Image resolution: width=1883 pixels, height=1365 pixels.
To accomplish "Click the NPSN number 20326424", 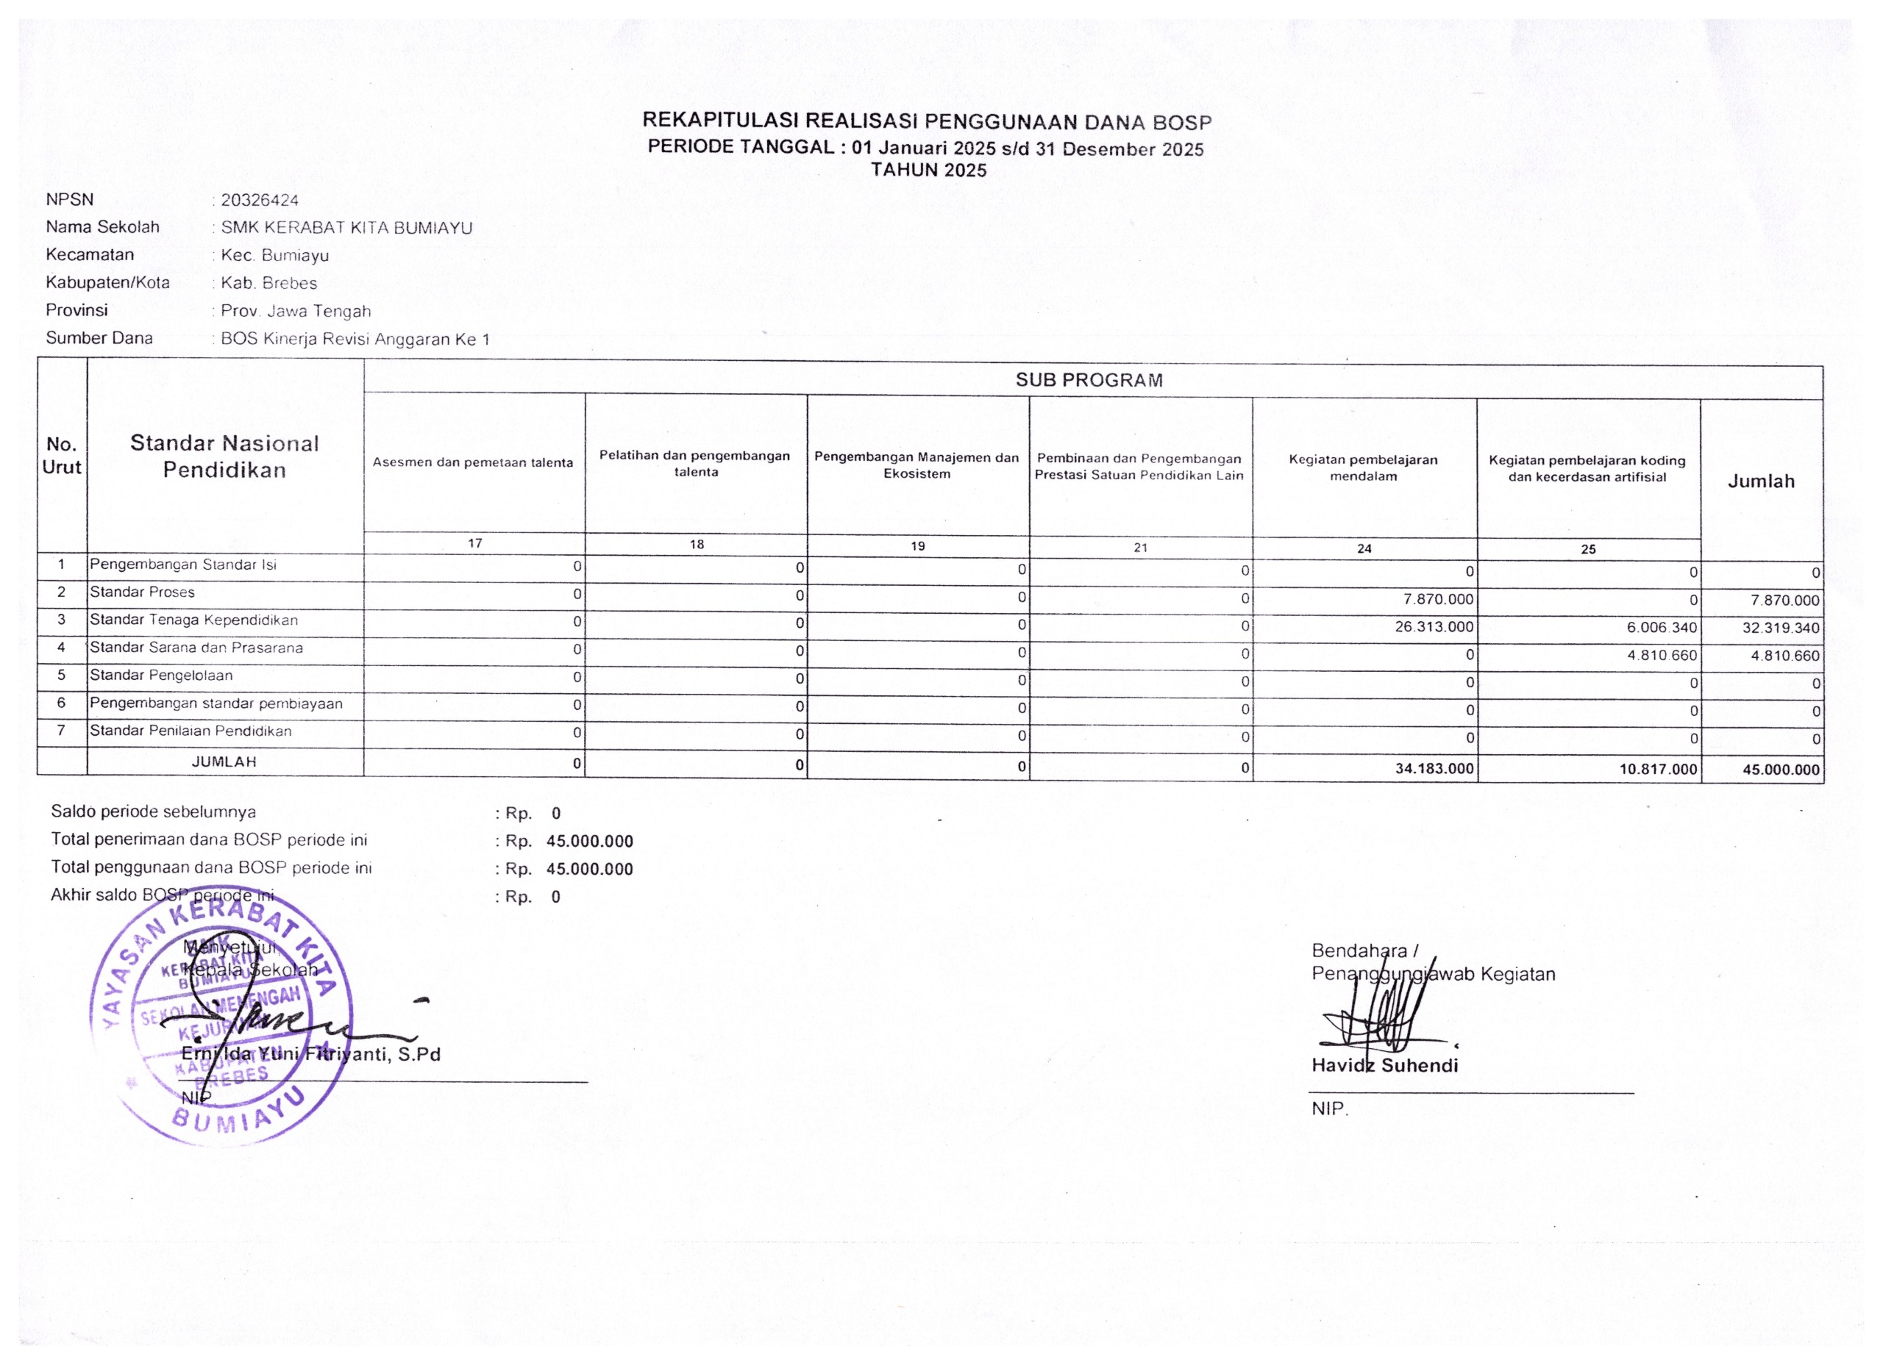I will click(259, 200).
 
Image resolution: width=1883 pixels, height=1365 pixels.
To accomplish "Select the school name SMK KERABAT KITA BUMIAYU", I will click(346, 227).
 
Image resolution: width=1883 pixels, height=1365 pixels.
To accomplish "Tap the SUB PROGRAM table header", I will click(1089, 380).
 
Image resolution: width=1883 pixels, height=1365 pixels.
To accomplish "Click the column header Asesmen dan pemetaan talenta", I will click(472, 462).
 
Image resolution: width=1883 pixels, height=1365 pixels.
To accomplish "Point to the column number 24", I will click(1364, 548).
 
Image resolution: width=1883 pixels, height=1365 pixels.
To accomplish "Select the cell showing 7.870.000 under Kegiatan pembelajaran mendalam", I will click(1439, 599).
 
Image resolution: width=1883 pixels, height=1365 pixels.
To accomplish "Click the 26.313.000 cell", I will click(1434, 626).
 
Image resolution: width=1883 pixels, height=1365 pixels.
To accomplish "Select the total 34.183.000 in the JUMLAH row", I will click(1434, 768).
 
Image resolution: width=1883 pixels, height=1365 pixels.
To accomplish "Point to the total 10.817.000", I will click(1657, 769).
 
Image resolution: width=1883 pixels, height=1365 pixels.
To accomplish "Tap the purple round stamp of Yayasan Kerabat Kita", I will click(220, 1017).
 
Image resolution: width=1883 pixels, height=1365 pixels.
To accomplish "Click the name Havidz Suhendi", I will click(1384, 1065).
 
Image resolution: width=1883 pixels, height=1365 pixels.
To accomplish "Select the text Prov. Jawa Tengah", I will click(296, 311).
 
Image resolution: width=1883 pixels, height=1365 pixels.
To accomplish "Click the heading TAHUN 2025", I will click(928, 170).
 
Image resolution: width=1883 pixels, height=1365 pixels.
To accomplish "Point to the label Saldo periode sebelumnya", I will click(154, 812).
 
